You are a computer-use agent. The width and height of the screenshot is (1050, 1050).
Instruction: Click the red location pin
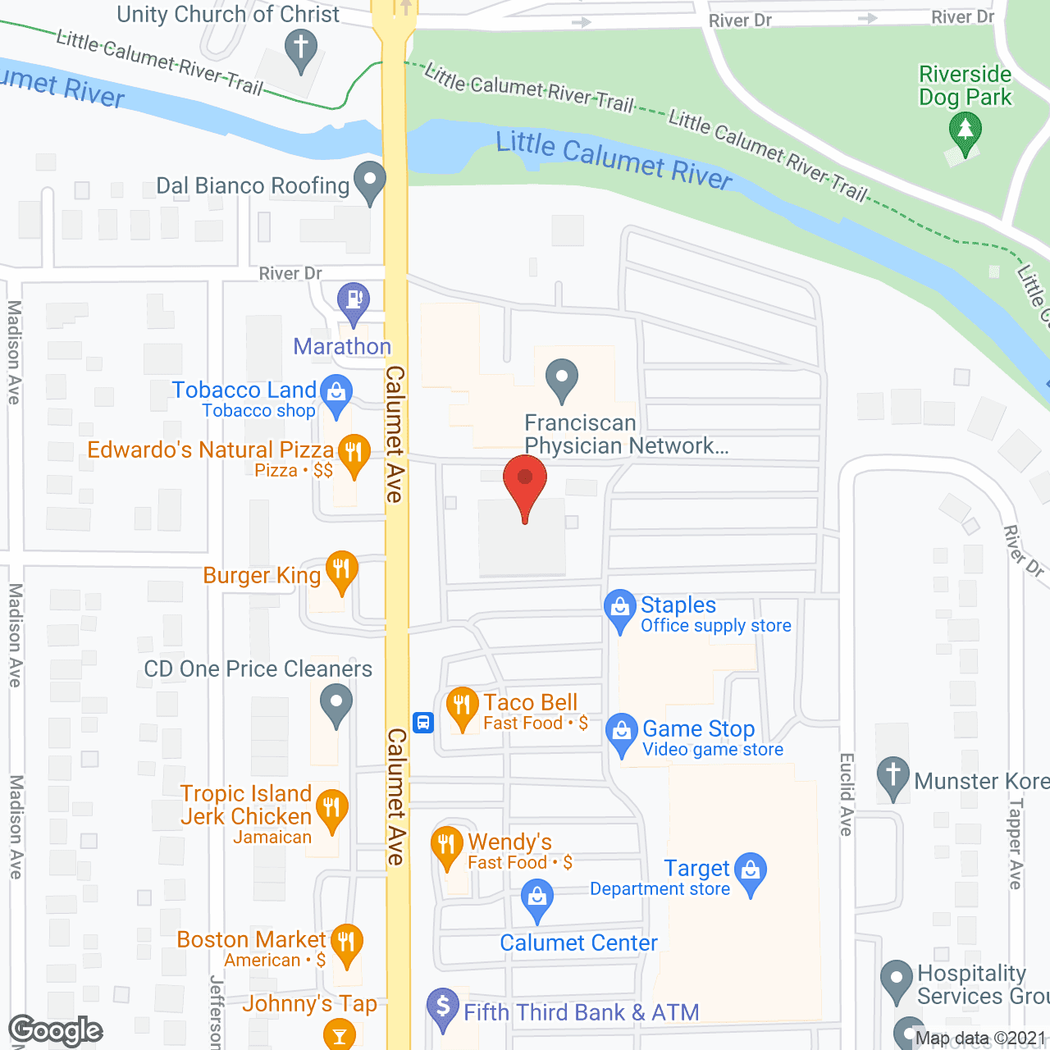point(525,481)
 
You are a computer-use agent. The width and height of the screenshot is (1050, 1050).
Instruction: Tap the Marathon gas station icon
point(354,300)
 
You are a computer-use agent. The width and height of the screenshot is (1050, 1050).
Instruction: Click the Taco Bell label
point(530,703)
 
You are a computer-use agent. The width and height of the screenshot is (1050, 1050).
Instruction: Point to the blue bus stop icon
point(423,723)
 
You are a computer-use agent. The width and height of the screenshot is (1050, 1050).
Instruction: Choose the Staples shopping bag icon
point(620,608)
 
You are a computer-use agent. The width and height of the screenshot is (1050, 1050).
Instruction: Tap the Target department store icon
point(751,870)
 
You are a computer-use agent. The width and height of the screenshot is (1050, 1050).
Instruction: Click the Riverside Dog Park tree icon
point(966,131)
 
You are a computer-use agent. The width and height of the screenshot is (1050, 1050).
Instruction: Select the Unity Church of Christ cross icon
point(301,48)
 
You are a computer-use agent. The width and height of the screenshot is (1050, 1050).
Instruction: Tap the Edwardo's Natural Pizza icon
point(354,453)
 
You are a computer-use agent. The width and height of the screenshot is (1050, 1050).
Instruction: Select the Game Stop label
point(698,728)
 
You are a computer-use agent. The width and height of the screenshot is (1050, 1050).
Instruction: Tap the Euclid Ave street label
point(847,793)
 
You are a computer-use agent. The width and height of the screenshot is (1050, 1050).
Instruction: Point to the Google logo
point(56,1030)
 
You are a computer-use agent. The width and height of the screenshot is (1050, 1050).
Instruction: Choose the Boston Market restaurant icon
point(346,943)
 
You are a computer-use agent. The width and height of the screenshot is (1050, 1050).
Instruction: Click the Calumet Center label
point(578,943)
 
